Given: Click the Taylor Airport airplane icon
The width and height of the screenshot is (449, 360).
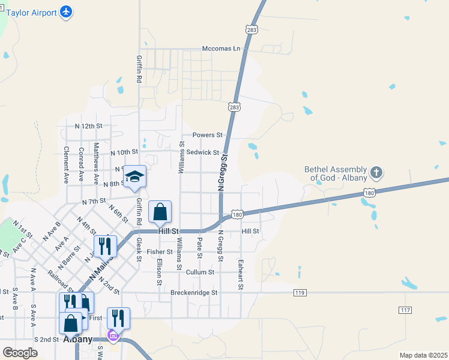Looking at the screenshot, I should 66,11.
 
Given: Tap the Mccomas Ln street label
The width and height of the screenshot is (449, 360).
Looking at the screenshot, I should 221,48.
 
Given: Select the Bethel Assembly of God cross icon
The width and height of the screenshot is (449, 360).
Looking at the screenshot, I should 376,173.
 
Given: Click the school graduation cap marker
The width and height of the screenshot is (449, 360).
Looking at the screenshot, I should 135,176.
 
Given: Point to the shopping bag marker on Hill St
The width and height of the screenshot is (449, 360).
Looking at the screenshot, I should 160,212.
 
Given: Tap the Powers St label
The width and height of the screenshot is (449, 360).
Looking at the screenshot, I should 208,135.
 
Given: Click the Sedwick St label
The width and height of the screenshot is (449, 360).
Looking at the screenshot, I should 203,152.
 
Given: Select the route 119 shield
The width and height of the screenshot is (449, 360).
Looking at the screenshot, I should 301,292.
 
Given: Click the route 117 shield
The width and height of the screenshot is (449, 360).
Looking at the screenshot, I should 405,309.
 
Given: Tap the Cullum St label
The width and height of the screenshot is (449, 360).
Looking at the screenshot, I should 200,272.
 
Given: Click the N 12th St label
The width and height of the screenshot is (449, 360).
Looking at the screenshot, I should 89,126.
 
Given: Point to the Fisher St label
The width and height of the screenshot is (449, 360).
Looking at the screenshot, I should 160,251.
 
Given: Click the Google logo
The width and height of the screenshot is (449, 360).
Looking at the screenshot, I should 20,353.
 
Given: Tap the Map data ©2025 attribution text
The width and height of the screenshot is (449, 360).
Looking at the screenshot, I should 424,355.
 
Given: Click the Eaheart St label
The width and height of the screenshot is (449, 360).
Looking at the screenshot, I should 241,275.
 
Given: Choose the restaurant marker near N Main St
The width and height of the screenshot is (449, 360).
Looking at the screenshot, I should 105,246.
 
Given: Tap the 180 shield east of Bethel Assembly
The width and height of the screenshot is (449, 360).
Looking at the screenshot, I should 370,193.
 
